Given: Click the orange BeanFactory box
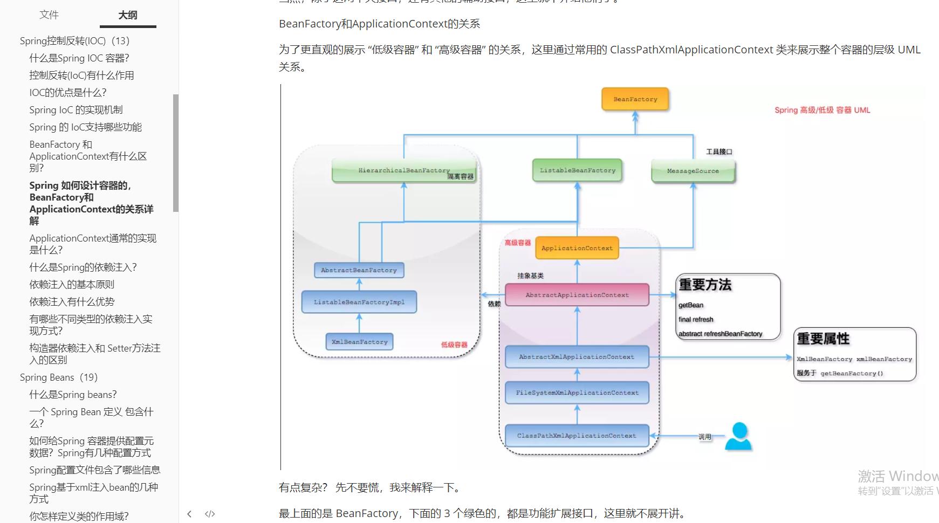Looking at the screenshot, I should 635,99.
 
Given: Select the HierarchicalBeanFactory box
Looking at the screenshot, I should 404,170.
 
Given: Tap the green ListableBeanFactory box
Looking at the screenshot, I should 577,170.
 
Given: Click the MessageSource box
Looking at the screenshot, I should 693,171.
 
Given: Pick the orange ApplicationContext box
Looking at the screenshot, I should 577,248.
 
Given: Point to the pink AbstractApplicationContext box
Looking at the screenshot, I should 577,295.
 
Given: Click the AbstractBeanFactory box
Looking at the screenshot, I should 359,270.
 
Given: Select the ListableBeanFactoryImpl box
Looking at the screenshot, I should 359,302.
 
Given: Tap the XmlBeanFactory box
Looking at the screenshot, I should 359,342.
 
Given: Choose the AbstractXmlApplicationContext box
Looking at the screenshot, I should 577,357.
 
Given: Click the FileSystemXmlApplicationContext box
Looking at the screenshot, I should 577,393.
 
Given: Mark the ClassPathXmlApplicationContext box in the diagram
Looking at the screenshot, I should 577,436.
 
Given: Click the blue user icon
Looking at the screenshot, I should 738,436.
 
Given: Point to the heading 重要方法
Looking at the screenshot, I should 705,285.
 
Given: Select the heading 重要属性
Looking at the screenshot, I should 823,339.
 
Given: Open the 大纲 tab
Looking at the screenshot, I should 128,15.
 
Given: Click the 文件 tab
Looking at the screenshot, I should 49,15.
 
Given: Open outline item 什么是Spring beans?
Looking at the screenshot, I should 73,395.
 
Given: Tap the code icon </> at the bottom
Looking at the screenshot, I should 210,514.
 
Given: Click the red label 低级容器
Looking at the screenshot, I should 454,345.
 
